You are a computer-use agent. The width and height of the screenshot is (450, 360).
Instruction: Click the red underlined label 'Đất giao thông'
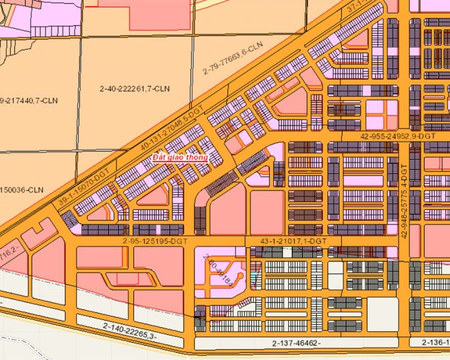tap(179, 158)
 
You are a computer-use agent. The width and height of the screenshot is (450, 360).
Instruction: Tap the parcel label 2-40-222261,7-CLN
tap(135, 89)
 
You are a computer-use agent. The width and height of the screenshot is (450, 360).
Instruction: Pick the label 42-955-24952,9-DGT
tap(399, 136)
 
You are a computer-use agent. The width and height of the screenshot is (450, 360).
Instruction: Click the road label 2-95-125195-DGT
tap(155, 241)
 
